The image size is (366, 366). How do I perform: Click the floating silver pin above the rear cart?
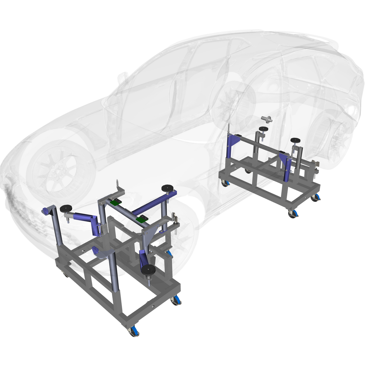tap(266, 119)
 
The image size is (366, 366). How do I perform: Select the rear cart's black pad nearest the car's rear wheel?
tap(295, 140)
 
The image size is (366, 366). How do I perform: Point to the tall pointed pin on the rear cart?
tap(229, 128)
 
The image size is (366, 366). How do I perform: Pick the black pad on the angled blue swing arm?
tap(66, 209)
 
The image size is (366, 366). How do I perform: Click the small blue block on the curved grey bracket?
tap(95, 251)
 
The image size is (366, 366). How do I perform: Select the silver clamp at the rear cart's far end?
tap(316, 166)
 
